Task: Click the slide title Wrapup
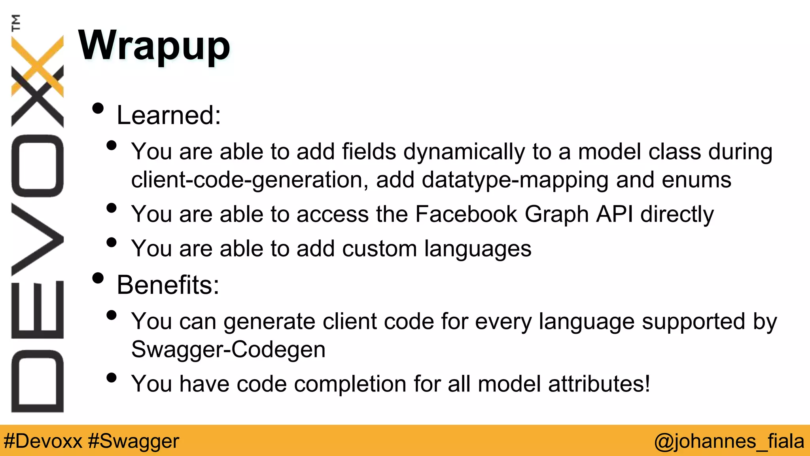[x=154, y=46]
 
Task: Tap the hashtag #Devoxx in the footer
[x=43, y=441]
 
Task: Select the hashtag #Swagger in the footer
[x=134, y=441]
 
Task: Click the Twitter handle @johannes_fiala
[x=729, y=441]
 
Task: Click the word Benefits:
[x=168, y=285]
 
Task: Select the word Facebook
[x=466, y=214]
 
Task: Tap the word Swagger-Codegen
[x=228, y=350]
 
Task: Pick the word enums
[x=696, y=180]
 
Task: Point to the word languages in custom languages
[x=478, y=249]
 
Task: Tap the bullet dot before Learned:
[x=98, y=108]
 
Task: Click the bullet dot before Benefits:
[x=98, y=278]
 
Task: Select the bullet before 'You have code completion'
[x=112, y=378]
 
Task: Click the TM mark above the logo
[x=16, y=23]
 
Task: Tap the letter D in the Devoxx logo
[x=38, y=381]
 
